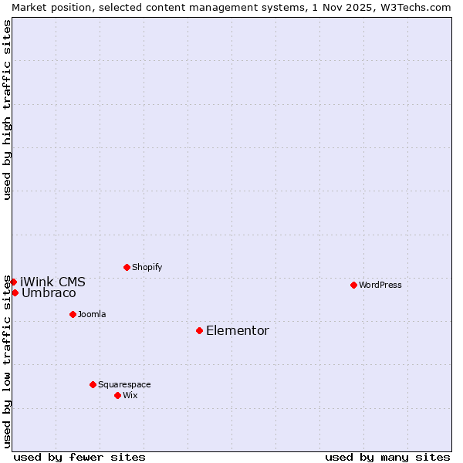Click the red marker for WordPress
tap(353, 285)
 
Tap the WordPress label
tap(380, 285)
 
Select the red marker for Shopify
tap(127, 267)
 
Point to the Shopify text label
tap(147, 267)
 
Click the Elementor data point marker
tap(199, 330)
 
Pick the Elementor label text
tap(238, 331)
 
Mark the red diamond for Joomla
tap(73, 314)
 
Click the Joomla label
tap(92, 314)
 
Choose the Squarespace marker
tap(93, 384)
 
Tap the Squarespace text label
tap(124, 384)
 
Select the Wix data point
tap(117, 395)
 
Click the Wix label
tap(130, 395)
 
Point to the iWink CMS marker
tap(13, 282)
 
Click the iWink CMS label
tap(52, 282)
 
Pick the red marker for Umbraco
tap(15, 292)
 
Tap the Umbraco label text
tap(49, 293)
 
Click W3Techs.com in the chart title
tap(414, 7)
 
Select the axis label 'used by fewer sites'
tap(79, 457)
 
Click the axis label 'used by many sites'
tap(387, 457)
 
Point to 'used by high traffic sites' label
tap(7, 110)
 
